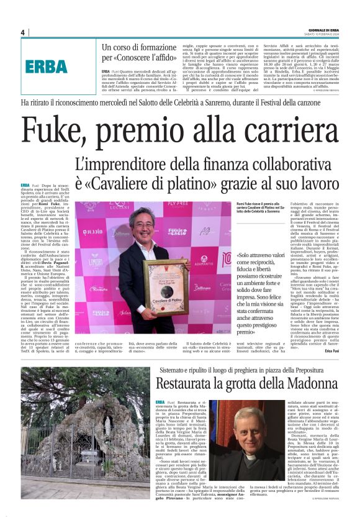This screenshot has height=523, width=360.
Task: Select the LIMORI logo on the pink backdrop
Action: tap(96, 263)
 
